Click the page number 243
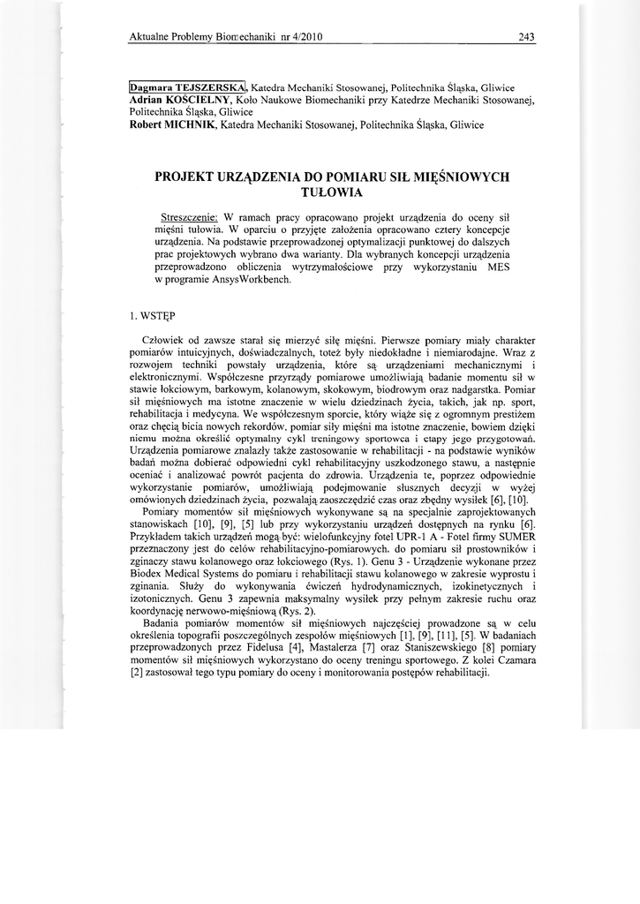tap(528, 37)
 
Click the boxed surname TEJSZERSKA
tap(210, 88)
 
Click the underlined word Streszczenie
tap(190, 216)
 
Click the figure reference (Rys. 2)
tap(297, 611)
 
